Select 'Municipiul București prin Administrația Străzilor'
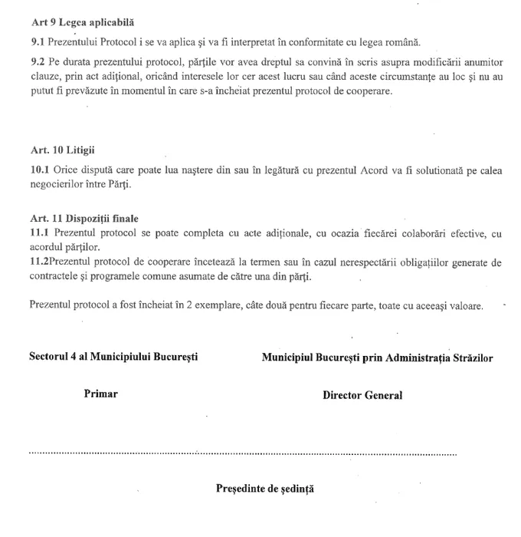377,357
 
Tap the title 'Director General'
362,396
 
